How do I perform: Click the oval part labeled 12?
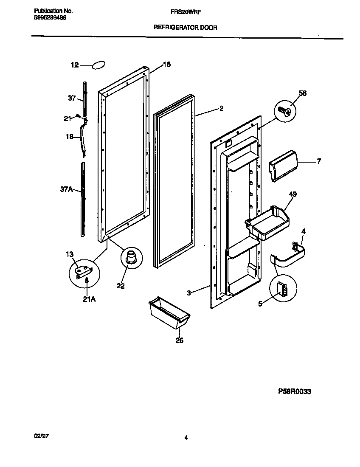point(98,65)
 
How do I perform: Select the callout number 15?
point(167,65)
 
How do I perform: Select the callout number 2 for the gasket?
point(221,108)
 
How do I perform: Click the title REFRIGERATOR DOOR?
point(185,28)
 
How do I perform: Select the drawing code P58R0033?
point(294,391)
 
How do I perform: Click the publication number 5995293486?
point(50,17)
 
